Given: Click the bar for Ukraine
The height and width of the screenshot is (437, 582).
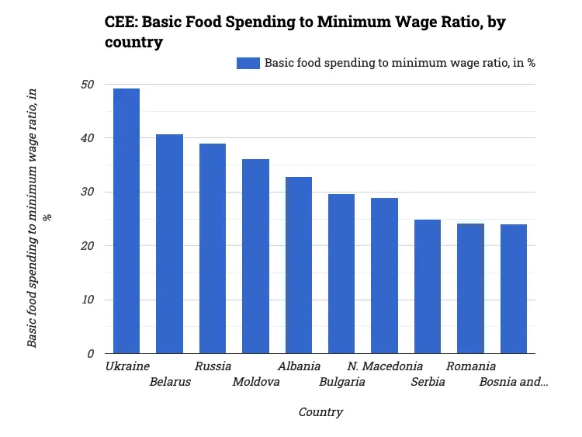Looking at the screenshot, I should point(126,221).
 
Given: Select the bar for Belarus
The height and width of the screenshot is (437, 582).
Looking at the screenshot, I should point(169,244).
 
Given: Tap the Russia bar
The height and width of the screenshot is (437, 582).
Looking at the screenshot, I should point(213,248).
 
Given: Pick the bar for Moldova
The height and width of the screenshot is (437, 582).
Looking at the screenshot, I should point(255,256).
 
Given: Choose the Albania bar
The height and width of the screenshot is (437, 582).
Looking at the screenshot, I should point(299,265).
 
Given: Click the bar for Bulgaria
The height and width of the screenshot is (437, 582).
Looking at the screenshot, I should point(341,274).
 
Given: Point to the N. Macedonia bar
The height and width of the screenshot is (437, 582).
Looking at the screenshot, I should point(384,276).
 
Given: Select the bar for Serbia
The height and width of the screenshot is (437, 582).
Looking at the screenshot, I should point(428,286).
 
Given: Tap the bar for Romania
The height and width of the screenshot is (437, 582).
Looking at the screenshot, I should point(470,289).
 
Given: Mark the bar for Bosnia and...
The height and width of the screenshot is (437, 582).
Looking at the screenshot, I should point(514,289).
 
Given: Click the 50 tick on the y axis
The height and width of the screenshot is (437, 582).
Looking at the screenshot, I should point(88,85).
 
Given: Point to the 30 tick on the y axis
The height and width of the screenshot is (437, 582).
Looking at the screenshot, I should point(88,192).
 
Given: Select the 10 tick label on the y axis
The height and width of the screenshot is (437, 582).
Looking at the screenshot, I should point(88,300).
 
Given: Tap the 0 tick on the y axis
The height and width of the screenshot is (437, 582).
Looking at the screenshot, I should point(91,354).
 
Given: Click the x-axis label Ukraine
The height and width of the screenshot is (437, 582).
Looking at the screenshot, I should point(127,366).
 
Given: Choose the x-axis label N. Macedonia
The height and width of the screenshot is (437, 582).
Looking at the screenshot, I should point(385,366).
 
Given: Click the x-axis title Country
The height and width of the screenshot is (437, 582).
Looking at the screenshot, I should point(320,412).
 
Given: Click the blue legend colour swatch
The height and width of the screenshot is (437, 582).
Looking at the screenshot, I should point(248,64).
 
